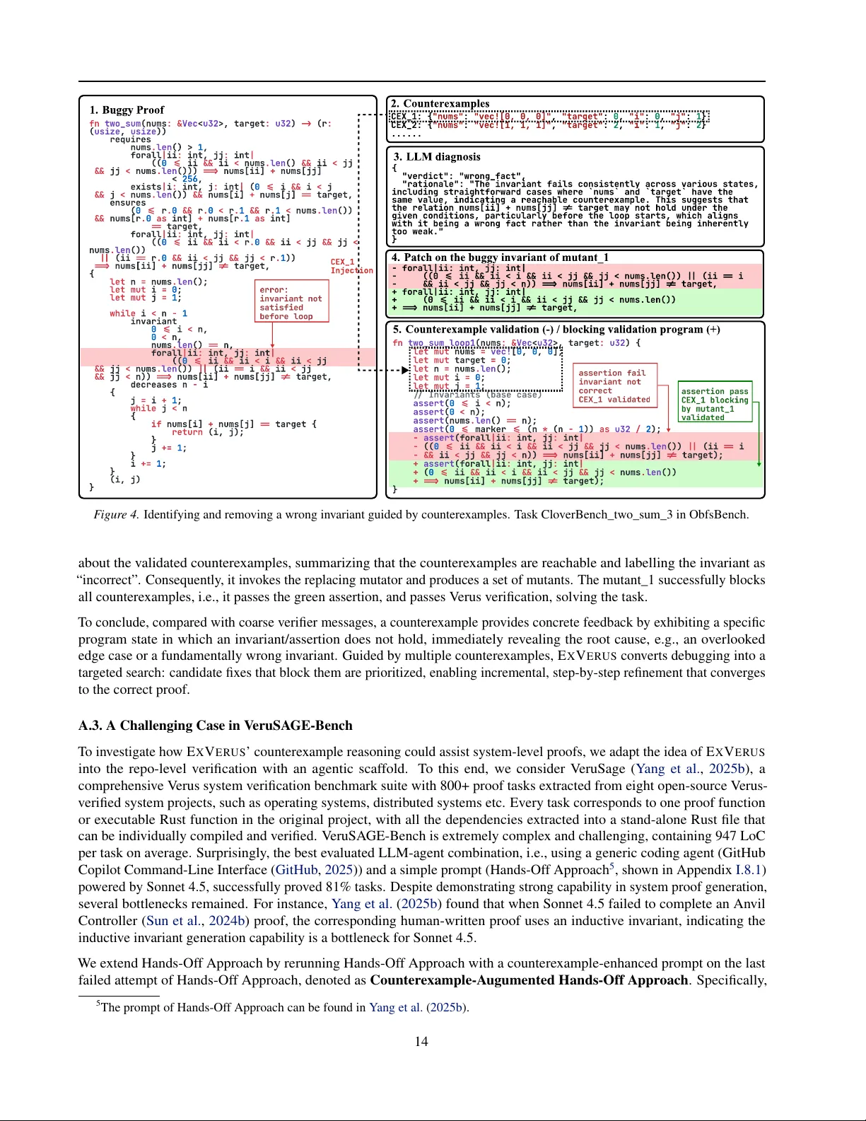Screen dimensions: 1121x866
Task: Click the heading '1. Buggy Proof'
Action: pyautogui.click(x=127, y=110)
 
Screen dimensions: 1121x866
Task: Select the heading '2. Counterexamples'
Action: pyautogui.click(x=440, y=104)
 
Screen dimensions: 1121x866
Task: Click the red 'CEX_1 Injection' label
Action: pyautogui.click(x=351, y=266)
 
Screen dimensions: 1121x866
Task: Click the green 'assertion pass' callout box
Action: pyautogui.click(x=715, y=404)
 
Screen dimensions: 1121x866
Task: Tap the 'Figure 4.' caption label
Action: pyautogui.click(x=116, y=515)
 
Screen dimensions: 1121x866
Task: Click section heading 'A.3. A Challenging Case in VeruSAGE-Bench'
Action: pyautogui.click(x=215, y=726)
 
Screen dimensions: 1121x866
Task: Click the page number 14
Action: pyautogui.click(x=421, y=1041)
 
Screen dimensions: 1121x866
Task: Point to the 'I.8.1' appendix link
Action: pyautogui.click(x=749, y=870)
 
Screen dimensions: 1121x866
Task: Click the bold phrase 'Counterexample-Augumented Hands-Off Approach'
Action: pyautogui.click(x=529, y=980)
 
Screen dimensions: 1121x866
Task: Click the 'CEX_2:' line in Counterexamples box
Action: pyautogui.click(x=407, y=125)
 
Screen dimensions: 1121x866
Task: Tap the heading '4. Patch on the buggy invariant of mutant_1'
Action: pyautogui.click(x=500, y=257)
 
